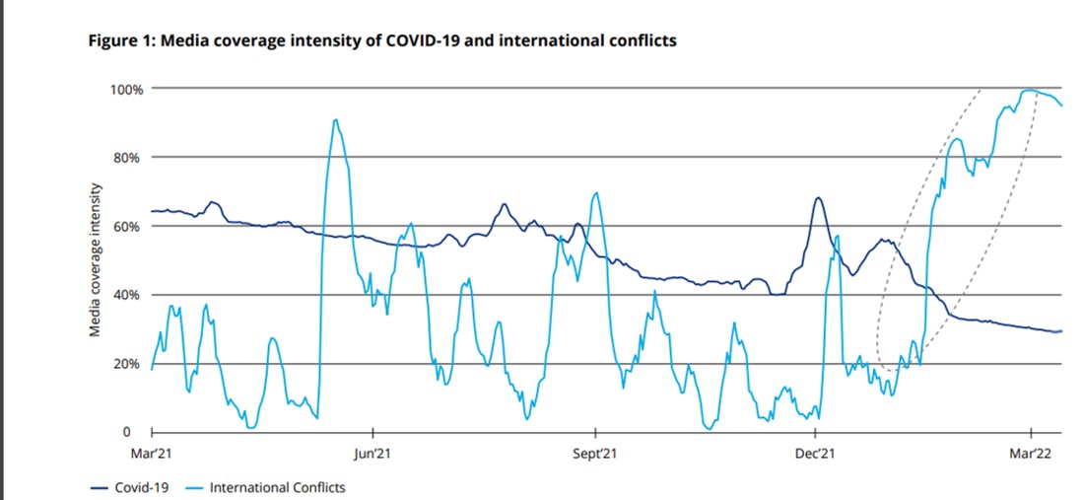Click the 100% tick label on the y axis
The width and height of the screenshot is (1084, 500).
[x=126, y=89]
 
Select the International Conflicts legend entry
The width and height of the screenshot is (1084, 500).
[x=277, y=487]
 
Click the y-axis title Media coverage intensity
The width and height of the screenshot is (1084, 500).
[x=96, y=260]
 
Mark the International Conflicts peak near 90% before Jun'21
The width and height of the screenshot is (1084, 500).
[x=336, y=120]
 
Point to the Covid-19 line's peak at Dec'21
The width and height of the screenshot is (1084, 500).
[x=818, y=198]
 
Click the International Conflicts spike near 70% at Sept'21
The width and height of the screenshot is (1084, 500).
[x=595, y=192]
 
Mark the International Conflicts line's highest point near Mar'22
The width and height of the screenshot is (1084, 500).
[x=1029, y=90]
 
